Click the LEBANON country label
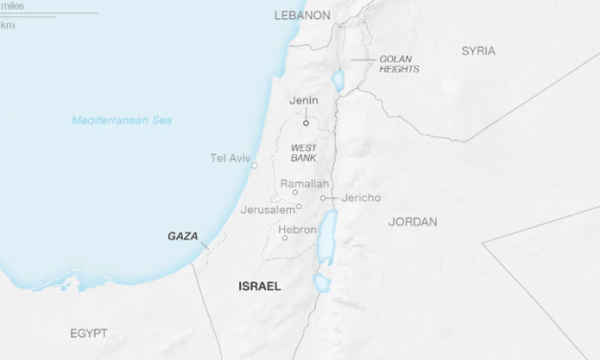(x=301, y=15)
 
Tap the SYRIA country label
(x=478, y=51)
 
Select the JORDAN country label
(x=412, y=222)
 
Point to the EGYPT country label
(x=88, y=333)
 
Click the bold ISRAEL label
(x=259, y=286)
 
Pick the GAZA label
(x=183, y=236)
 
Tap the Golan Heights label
(x=395, y=64)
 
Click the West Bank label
(x=303, y=151)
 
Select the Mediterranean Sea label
(x=122, y=120)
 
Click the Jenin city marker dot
(x=306, y=123)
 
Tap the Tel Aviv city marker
(x=255, y=166)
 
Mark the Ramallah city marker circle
(x=295, y=192)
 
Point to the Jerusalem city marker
(x=299, y=206)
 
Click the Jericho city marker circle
(x=323, y=198)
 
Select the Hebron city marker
(x=284, y=237)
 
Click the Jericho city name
(x=362, y=198)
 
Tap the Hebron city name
(x=297, y=230)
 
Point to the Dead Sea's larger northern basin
(x=327, y=236)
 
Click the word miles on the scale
(x=13, y=6)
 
